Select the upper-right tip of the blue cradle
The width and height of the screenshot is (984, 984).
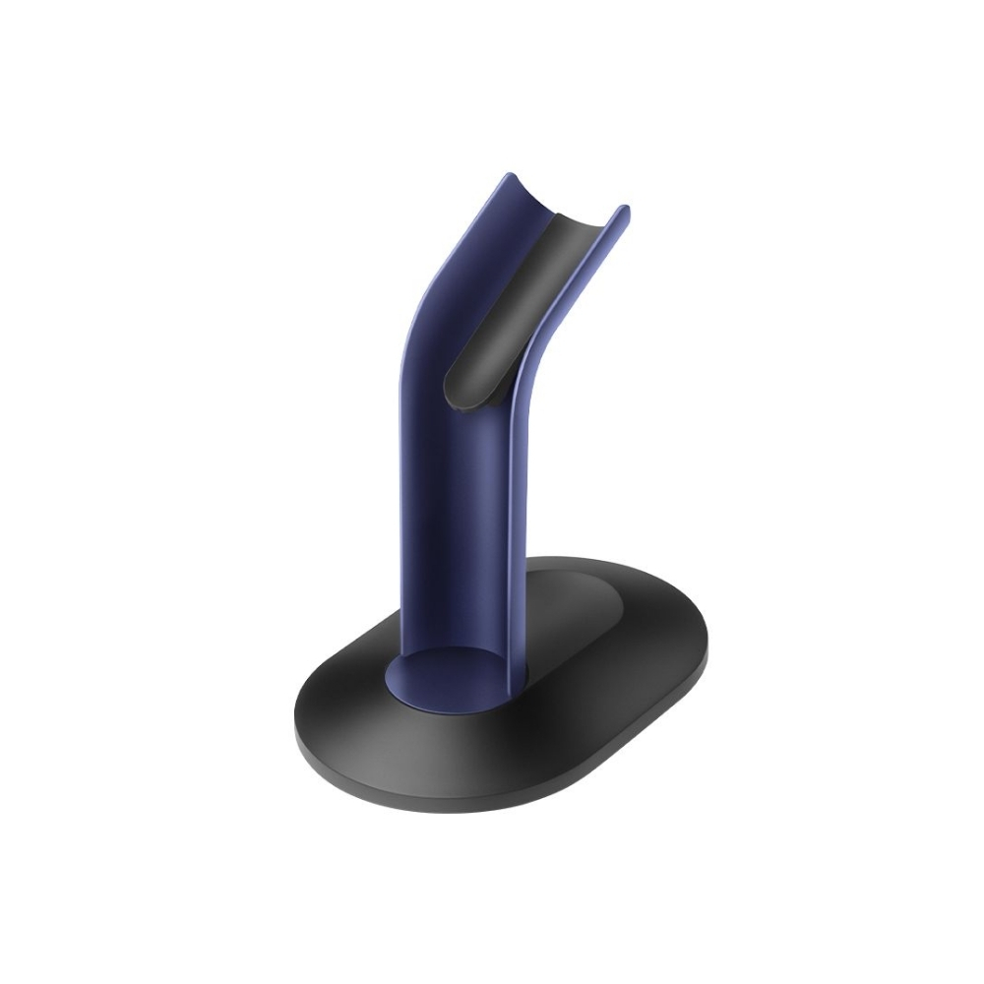tap(622, 209)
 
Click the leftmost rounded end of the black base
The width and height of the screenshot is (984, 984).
tap(299, 728)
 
